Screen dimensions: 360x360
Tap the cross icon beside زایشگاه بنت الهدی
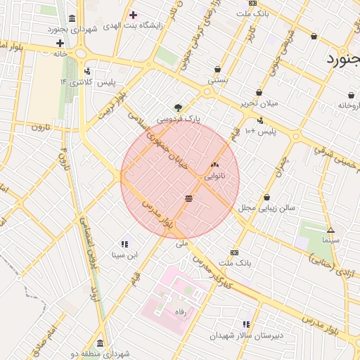point(133,15)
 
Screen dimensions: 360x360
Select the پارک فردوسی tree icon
point(179,108)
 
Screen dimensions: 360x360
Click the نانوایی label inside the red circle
point(214,177)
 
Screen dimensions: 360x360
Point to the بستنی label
point(217,81)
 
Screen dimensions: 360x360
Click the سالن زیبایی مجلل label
point(266,208)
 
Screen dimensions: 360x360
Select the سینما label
point(330,240)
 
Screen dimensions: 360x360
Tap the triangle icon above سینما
point(330,230)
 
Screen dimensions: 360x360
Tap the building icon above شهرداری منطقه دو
point(100,344)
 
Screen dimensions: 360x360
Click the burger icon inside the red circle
point(188,198)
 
